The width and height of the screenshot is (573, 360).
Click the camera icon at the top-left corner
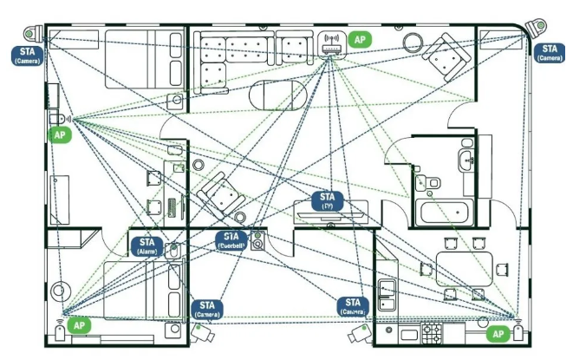(x=35, y=35)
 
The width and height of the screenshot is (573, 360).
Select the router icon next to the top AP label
(x=330, y=43)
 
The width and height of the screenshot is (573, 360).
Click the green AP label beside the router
(x=359, y=40)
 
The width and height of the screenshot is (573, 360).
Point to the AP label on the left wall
(x=60, y=135)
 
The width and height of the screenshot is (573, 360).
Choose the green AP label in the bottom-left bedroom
(x=79, y=324)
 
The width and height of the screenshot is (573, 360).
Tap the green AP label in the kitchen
(x=498, y=333)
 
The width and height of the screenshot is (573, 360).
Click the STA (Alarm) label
(x=147, y=245)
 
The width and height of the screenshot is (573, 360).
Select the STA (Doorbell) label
(x=231, y=240)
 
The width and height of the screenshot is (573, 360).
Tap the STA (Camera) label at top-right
(x=549, y=52)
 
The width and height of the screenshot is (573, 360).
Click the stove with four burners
(x=432, y=331)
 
